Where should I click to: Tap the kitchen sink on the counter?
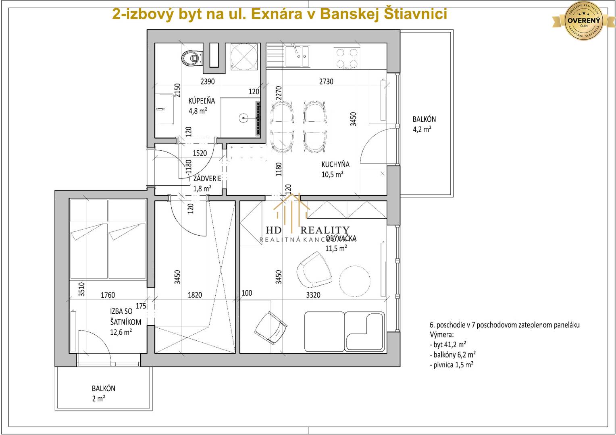click(297, 56)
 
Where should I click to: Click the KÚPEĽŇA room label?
click(202, 101)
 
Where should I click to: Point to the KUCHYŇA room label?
click(335, 164)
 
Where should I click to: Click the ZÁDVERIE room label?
click(207, 178)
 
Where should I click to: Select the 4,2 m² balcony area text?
click(422, 129)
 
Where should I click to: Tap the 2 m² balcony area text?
click(98, 399)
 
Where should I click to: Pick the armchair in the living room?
click(314, 268)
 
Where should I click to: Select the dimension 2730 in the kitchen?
click(326, 81)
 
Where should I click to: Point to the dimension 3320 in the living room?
click(313, 295)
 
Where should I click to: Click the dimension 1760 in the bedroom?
click(108, 295)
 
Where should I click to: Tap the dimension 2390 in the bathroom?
click(208, 81)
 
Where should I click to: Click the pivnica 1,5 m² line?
click(452, 365)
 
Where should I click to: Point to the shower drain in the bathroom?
click(243, 118)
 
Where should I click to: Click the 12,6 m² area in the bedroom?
click(121, 332)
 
